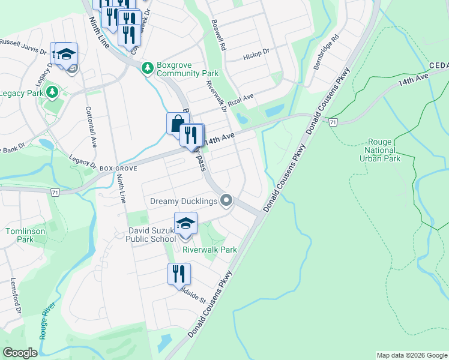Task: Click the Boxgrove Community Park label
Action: pos(187,69)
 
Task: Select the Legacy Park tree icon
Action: pos(52,92)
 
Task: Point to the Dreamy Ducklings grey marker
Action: pos(226,200)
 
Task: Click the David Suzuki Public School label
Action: pos(151,234)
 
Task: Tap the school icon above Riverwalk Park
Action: pos(186,223)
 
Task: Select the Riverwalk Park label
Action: pos(209,250)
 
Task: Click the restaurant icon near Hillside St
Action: pos(179,274)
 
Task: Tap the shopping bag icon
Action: pos(177,124)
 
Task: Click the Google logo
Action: pos(20,353)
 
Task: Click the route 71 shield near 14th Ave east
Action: pos(333,122)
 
